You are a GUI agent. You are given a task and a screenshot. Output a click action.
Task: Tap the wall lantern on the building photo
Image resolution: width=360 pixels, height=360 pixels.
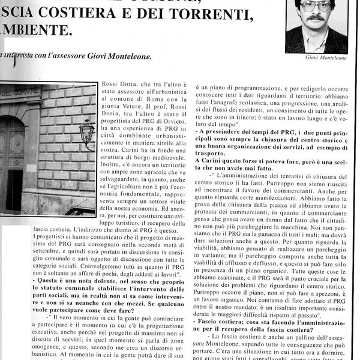pyautogui.click(x=86, y=131)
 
